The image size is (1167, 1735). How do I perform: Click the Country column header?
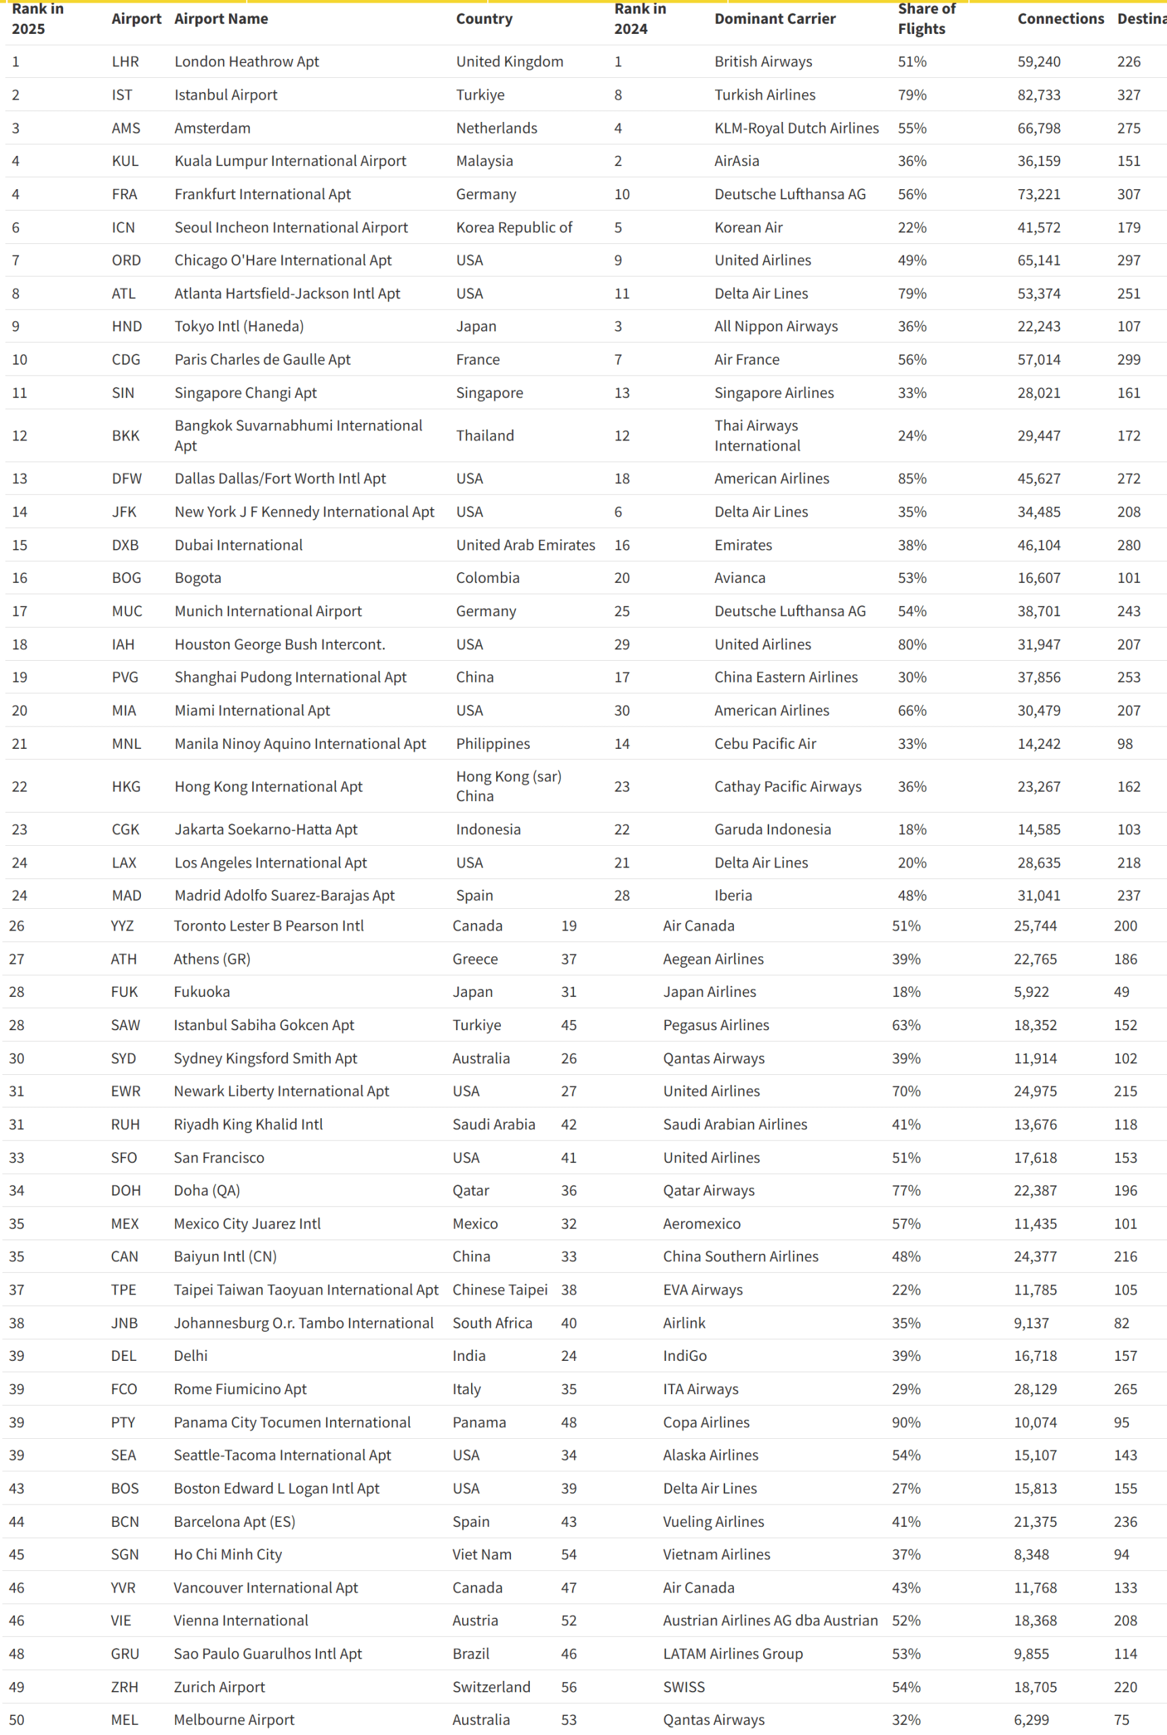484,18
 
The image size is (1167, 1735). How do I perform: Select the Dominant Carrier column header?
774,18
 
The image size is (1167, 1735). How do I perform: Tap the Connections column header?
1060,18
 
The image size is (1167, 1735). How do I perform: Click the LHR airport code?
125,62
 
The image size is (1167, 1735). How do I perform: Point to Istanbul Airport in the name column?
226,94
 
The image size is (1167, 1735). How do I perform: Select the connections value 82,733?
1038,94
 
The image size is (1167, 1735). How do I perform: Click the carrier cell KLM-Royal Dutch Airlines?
796,128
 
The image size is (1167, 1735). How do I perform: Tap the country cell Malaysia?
484,161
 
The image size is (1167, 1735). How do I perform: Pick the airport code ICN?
123,227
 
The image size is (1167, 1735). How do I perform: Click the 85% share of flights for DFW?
912,478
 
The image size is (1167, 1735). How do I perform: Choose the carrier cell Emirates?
743,545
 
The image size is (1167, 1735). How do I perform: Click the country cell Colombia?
487,577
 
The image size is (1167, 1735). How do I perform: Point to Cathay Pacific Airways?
787,786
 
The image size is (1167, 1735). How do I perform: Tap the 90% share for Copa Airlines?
906,1422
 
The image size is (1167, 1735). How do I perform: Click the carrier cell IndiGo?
684,1355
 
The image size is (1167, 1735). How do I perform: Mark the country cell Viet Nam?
482,1554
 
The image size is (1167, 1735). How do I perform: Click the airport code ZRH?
124,1687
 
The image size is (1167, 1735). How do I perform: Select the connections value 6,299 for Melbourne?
1031,1719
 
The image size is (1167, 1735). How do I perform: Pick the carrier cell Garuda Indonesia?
772,829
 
